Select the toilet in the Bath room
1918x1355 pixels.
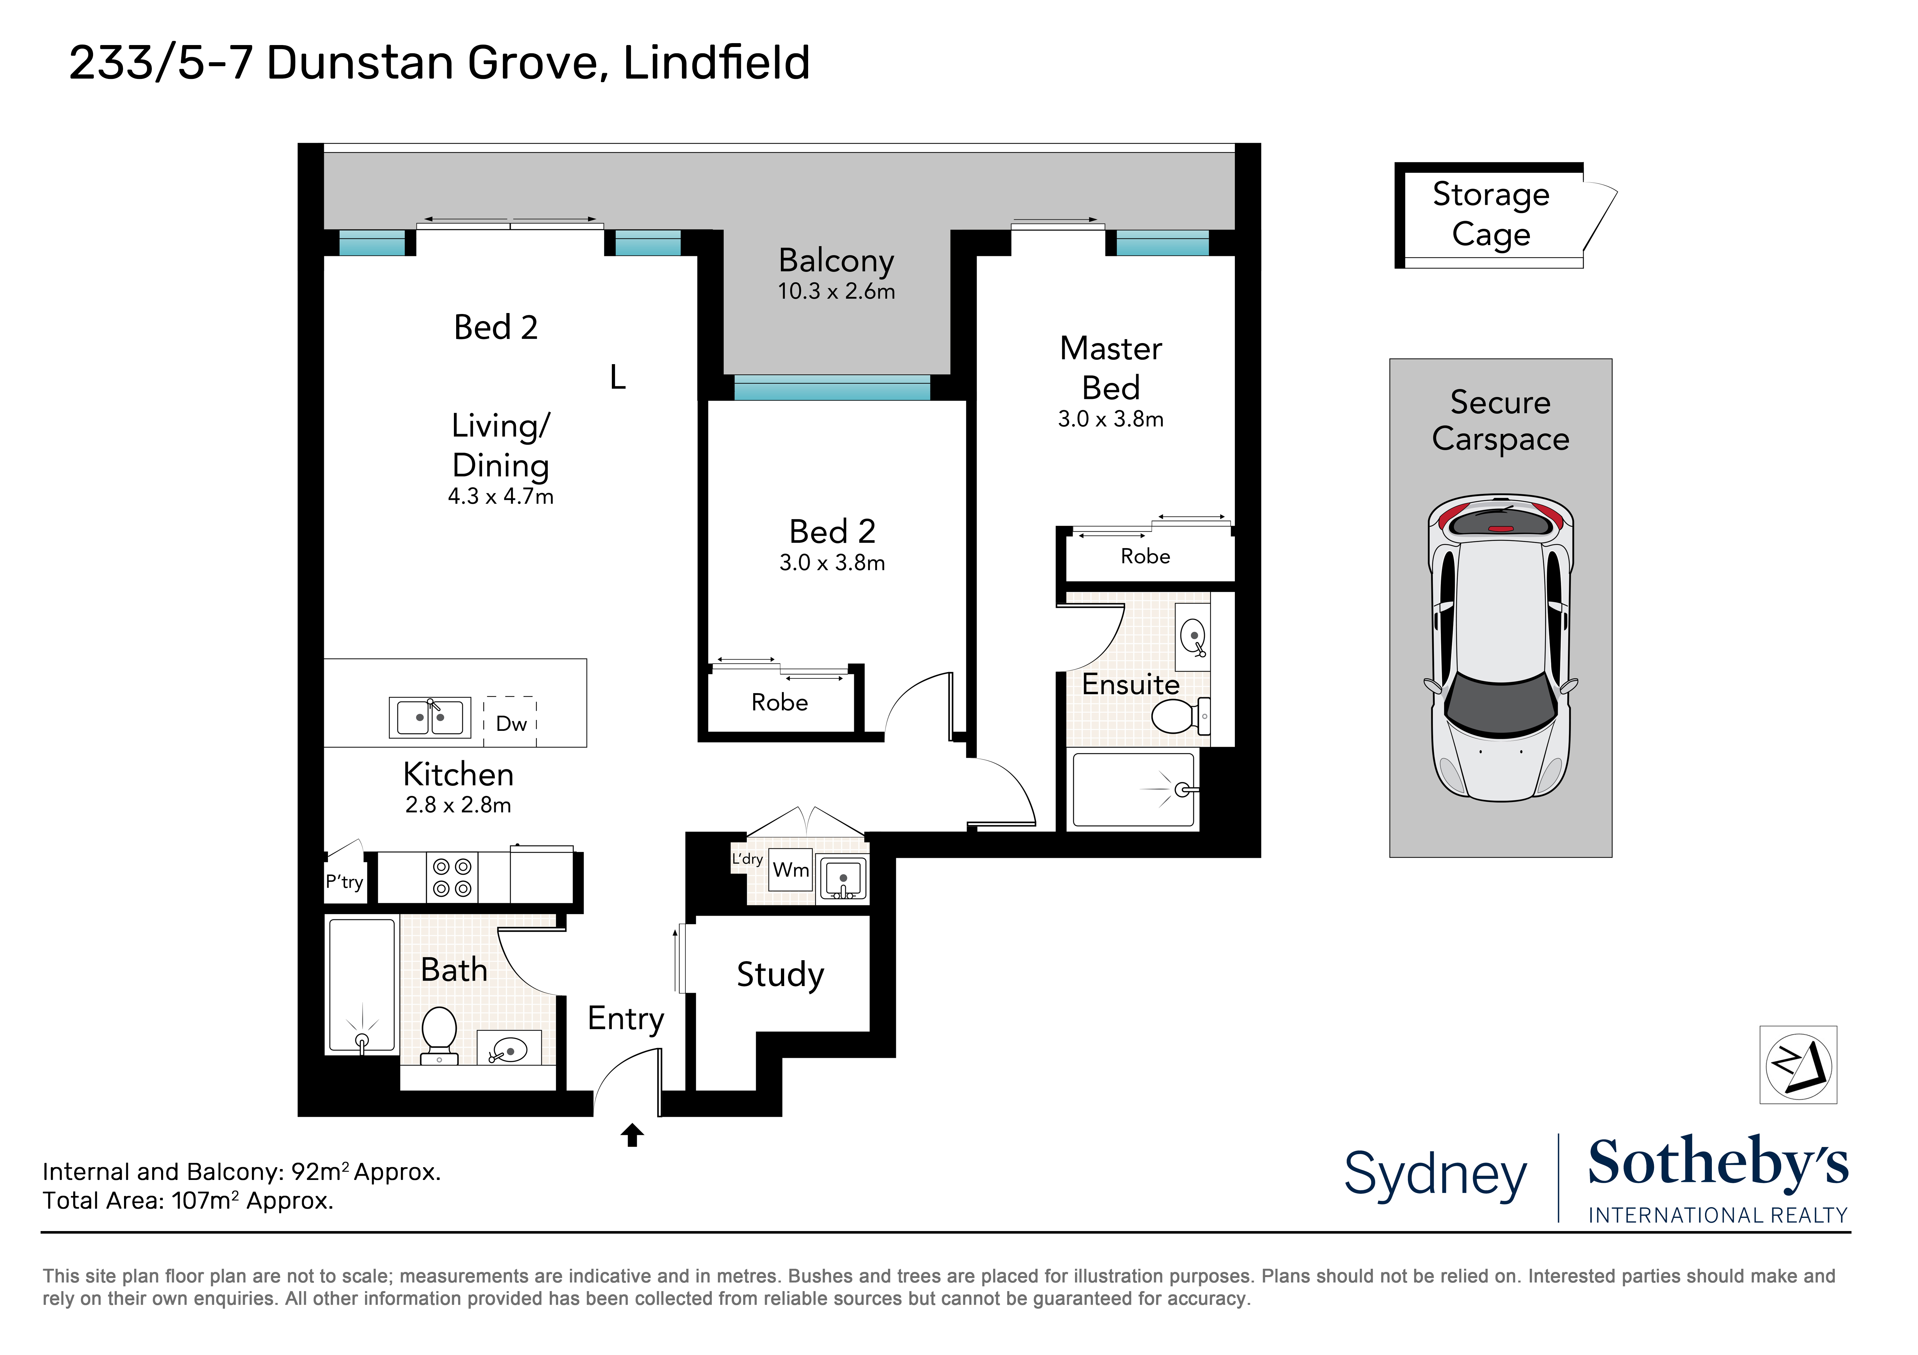[440, 1035]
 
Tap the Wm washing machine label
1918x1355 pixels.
[790, 870]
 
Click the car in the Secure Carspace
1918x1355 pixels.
[1500, 648]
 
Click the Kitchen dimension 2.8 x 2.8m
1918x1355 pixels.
[458, 805]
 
